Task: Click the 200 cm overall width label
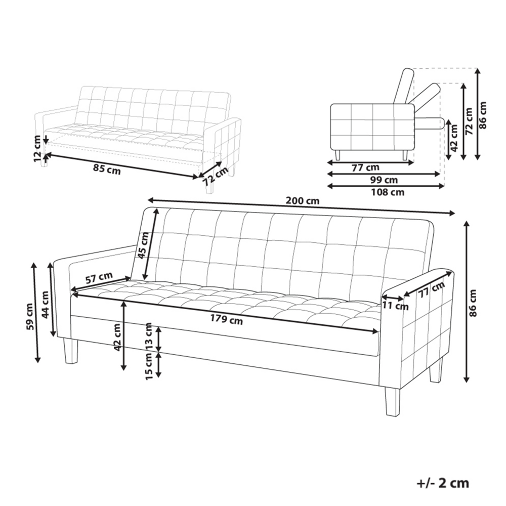pyautogui.click(x=303, y=201)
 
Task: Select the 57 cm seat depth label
pyautogui.click(x=99, y=277)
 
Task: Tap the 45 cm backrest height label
pyautogui.click(x=144, y=245)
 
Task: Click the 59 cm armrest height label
pyautogui.click(x=30, y=317)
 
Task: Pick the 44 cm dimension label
pyautogui.click(x=45, y=304)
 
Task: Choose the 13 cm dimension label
pyautogui.click(x=148, y=335)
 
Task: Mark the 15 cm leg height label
pyautogui.click(x=148, y=366)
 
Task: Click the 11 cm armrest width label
pyautogui.click(x=396, y=305)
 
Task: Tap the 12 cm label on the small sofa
pyautogui.click(x=38, y=149)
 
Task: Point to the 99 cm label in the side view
pyautogui.click(x=384, y=180)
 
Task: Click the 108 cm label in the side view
pyautogui.click(x=388, y=192)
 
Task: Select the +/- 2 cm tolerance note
pyautogui.click(x=443, y=483)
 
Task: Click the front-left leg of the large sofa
pyautogui.click(x=70, y=351)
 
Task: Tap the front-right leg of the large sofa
pyautogui.click(x=392, y=401)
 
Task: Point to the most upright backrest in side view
pyautogui.click(x=403, y=86)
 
